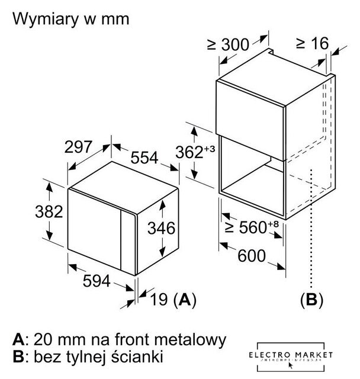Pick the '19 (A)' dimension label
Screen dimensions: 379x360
tap(171, 299)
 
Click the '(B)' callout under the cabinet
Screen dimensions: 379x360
tap(311, 299)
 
